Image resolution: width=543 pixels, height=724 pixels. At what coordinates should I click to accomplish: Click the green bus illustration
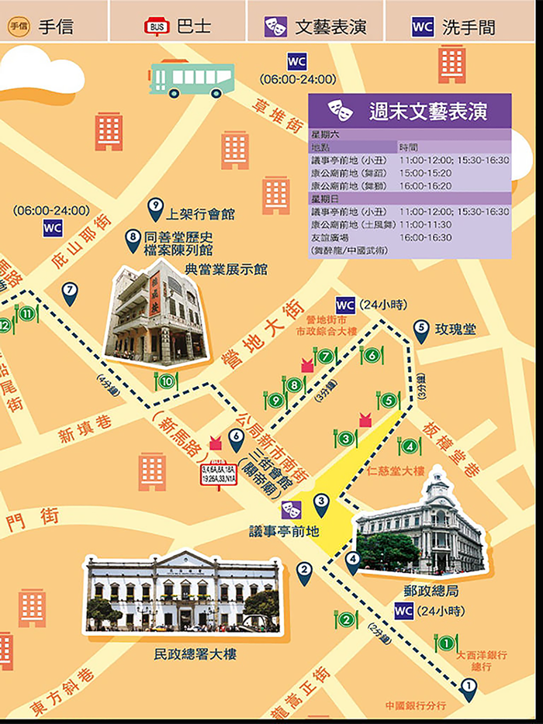[x=191, y=79]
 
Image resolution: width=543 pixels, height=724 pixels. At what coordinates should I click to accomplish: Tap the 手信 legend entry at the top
[x=43, y=26]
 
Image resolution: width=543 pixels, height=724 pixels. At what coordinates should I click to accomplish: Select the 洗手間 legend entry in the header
[x=455, y=26]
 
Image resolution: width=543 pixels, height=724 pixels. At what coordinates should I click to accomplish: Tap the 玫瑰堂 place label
[x=455, y=329]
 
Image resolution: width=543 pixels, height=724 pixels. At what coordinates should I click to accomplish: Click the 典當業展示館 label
[x=226, y=269]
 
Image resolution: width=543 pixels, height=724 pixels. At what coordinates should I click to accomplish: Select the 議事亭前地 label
[x=284, y=531]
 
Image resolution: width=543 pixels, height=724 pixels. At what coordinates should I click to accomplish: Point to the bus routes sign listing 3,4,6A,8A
[x=219, y=474]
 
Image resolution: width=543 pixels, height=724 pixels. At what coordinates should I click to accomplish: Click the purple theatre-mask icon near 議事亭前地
[x=292, y=509]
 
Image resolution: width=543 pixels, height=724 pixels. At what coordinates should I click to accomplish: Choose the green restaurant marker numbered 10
[x=167, y=381]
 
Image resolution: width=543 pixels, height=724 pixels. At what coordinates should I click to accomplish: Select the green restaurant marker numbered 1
[x=445, y=643]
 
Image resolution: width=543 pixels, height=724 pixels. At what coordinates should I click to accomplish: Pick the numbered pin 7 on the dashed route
[x=70, y=291]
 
